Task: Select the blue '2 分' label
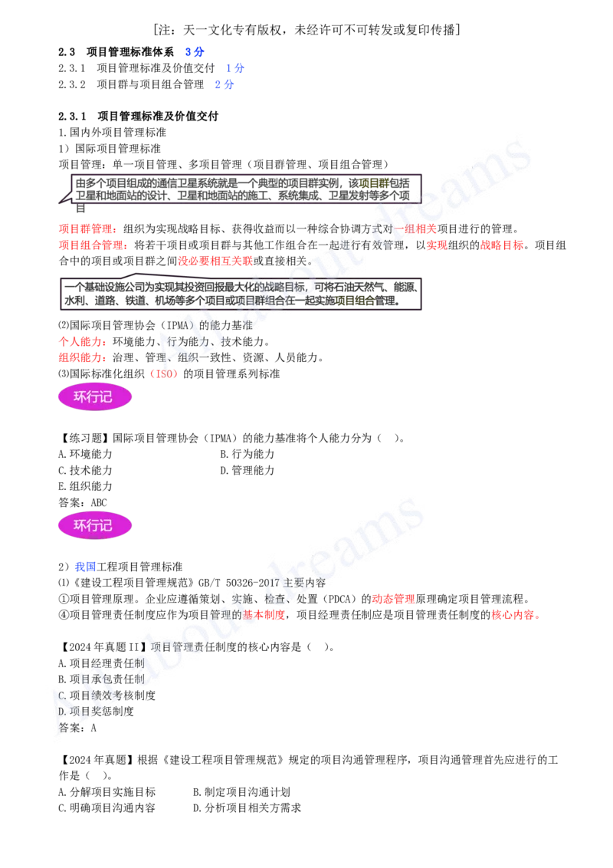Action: [223, 85]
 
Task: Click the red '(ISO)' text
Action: [163, 374]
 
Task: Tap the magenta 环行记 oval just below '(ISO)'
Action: [95, 397]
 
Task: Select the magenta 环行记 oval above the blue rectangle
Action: [95, 525]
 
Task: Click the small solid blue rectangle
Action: [85, 567]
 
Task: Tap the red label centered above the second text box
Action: [215, 261]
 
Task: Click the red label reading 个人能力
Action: [81, 341]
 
